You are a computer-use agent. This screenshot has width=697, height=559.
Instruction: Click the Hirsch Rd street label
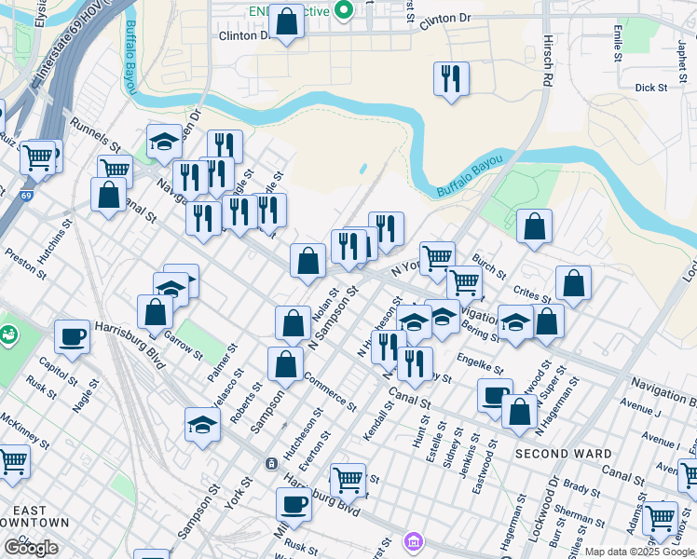(547, 60)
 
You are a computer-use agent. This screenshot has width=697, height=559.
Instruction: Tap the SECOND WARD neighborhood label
(563, 454)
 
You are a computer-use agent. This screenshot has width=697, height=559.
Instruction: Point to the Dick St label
(650, 88)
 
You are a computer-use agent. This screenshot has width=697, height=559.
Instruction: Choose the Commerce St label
(329, 392)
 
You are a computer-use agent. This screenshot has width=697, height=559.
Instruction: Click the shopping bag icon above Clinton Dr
(286, 21)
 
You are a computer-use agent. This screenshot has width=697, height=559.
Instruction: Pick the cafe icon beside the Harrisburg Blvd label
(72, 337)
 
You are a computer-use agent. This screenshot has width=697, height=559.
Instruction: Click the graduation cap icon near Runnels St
(164, 141)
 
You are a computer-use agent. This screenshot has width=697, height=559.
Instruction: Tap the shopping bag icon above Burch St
(534, 226)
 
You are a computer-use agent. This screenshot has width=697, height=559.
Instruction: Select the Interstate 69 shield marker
(27, 197)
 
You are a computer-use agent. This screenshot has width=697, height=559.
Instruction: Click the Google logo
(31, 548)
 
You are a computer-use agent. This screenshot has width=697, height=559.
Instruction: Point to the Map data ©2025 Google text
(639, 552)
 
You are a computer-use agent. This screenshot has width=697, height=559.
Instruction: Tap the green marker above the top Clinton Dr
(344, 10)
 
